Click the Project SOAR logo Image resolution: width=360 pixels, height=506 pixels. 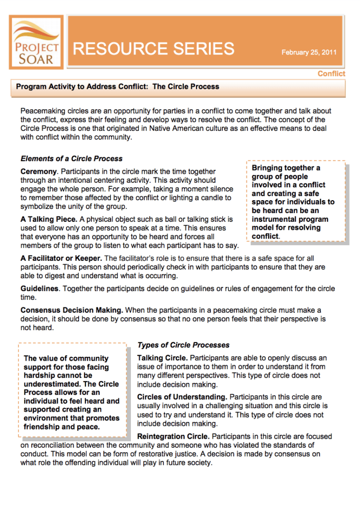pyautogui.click(x=36, y=42)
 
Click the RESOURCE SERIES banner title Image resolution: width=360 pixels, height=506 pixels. pyautogui.click(x=154, y=48)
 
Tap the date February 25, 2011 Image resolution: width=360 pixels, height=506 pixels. pyautogui.click(x=309, y=52)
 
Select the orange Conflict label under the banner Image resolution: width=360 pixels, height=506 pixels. pyautogui.click(x=331, y=74)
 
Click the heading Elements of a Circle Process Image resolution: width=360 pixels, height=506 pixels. pyautogui.click(x=71, y=159)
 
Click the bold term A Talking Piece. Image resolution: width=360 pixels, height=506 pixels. pyautogui.click(x=48, y=219)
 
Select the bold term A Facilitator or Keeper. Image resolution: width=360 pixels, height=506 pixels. pyautogui.click(x=61, y=258)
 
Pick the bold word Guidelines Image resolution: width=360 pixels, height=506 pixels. pyautogui.click(x=40, y=289)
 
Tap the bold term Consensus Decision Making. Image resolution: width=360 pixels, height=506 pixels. pyautogui.click(x=72, y=310)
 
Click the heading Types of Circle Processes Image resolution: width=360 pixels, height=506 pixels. pyautogui.click(x=183, y=345)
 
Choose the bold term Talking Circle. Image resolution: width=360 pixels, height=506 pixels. pyautogui.click(x=162, y=358)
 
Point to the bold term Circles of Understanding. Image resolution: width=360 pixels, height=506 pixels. pyautogui.click(x=182, y=397)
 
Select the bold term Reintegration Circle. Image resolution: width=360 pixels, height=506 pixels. pyautogui.click(x=173, y=437)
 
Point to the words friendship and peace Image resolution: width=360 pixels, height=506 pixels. pyautogui.click(x=62, y=426)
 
